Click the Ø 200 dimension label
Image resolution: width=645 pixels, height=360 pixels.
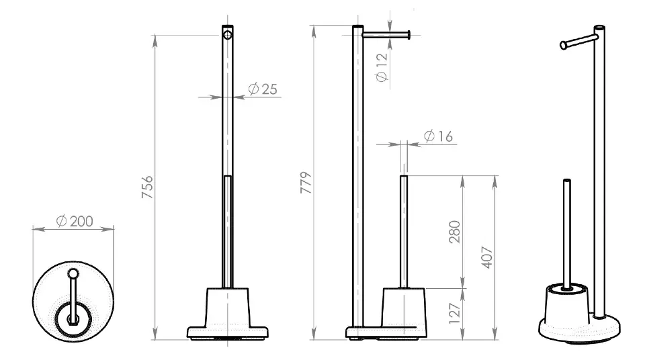pyautogui.click(x=75, y=221)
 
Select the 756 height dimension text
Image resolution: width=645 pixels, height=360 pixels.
pyautogui.click(x=147, y=187)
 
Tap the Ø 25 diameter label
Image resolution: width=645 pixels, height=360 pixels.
pyautogui.click(x=263, y=89)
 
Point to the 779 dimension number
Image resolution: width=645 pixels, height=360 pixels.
pyautogui.click(x=306, y=183)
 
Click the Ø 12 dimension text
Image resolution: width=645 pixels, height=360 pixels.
pyautogui.click(x=382, y=67)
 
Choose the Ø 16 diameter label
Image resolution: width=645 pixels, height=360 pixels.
pyautogui.click(x=438, y=136)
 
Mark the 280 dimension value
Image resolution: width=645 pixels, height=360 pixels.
pyautogui.click(x=455, y=232)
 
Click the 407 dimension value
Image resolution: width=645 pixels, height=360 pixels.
pyautogui.click(x=487, y=257)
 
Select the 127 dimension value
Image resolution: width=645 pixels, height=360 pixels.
pyautogui.click(x=455, y=314)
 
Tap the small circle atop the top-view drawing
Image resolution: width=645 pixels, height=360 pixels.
pyautogui.click(x=73, y=273)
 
